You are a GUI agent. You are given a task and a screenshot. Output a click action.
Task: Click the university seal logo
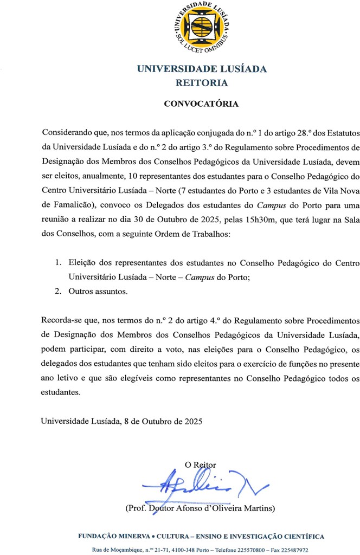pos(202,27)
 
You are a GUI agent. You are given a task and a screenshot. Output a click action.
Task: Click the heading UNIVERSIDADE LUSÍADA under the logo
pos(202,69)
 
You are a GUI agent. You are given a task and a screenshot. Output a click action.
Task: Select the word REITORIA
pos(202,83)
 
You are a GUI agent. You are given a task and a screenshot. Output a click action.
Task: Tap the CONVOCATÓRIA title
pos(202,103)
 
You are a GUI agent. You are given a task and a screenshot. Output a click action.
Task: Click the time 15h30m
pos(249,219)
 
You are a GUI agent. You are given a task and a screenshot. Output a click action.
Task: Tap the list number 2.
pos(58,292)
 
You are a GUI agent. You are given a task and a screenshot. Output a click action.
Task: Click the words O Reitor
pos(201,464)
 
